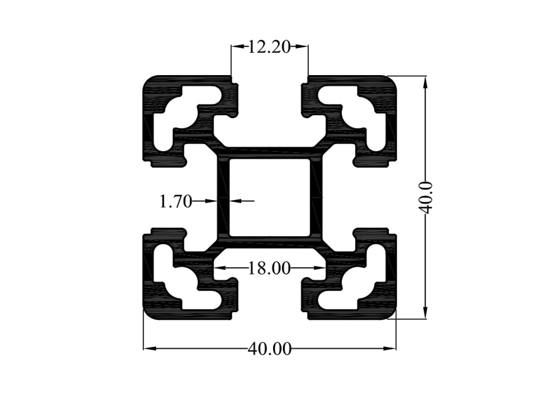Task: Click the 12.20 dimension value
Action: pyautogui.click(x=270, y=47)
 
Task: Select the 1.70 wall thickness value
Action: pyautogui.click(x=175, y=202)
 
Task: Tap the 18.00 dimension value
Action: pyautogui.click(x=269, y=268)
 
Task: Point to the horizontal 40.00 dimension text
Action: pyautogui.click(x=269, y=349)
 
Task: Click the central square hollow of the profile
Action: pyautogui.click(x=269, y=197)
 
